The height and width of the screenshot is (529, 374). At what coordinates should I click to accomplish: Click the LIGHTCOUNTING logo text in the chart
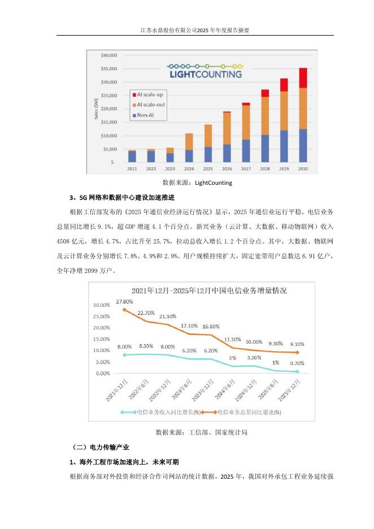[206, 74]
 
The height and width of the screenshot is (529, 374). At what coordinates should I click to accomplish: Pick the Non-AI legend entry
[143, 115]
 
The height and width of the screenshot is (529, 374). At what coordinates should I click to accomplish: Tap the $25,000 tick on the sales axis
[109, 96]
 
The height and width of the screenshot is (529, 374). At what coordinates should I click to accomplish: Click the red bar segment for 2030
[303, 78]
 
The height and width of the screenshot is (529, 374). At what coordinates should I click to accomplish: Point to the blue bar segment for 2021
[132, 157]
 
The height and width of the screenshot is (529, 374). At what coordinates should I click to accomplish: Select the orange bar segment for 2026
[227, 128]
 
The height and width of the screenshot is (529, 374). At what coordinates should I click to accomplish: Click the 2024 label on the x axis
[189, 168]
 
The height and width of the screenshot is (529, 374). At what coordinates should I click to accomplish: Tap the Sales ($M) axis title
[96, 109]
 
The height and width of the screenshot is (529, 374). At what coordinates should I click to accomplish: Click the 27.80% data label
[124, 302]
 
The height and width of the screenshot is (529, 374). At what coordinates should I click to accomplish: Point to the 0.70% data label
[297, 363]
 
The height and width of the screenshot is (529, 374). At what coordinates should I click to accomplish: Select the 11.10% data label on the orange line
[232, 340]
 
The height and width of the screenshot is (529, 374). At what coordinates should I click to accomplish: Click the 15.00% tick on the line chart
[102, 339]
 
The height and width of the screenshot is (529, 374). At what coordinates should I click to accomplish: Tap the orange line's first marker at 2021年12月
[124, 309]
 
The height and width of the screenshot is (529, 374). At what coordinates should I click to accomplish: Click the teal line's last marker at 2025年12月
[297, 371]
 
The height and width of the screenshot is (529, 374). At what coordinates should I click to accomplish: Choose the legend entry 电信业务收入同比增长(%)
[161, 412]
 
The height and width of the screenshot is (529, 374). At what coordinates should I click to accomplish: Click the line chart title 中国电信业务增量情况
[209, 291]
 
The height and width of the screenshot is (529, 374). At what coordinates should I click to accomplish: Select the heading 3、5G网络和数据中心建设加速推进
[122, 198]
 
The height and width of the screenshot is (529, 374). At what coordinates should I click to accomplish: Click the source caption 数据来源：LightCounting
[197, 183]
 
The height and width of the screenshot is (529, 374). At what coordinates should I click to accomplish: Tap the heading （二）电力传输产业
[100, 448]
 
